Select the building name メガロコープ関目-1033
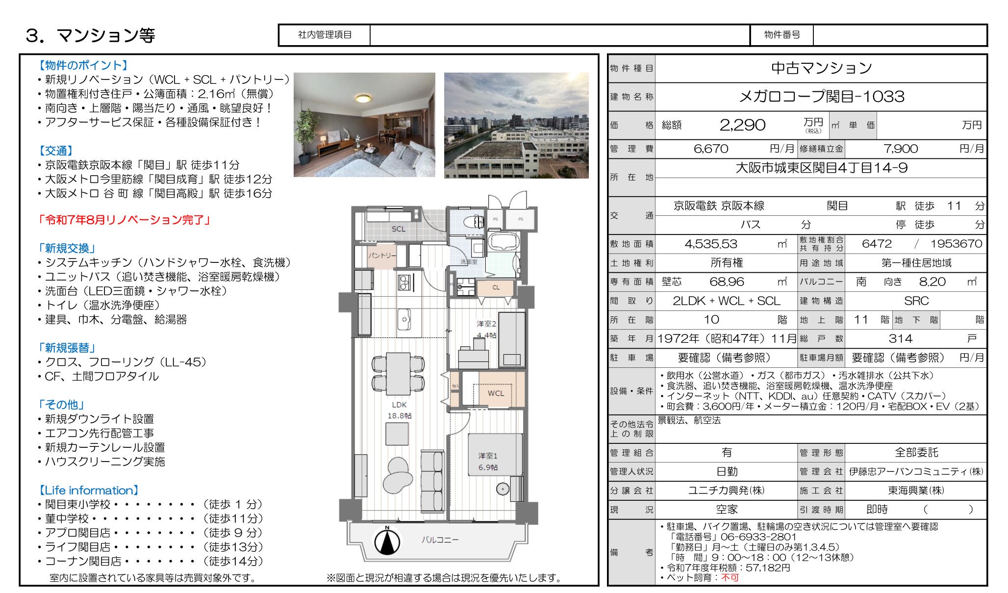point(821,97)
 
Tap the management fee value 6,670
point(710,149)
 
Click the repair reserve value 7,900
point(900,149)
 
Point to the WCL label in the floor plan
point(495,393)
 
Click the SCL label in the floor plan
point(398,229)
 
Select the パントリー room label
point(381,256)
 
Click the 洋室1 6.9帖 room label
point(487,462)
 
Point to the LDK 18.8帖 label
point(399,410)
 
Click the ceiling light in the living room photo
point(363,99)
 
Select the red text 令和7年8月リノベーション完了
point(124,220)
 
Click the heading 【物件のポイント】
point(83,65)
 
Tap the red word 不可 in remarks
point(730,577)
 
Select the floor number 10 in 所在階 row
point(711,320)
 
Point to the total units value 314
point(900,338)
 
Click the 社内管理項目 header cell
point(325,35)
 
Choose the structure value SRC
point(916,301)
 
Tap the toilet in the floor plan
point(474,222)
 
